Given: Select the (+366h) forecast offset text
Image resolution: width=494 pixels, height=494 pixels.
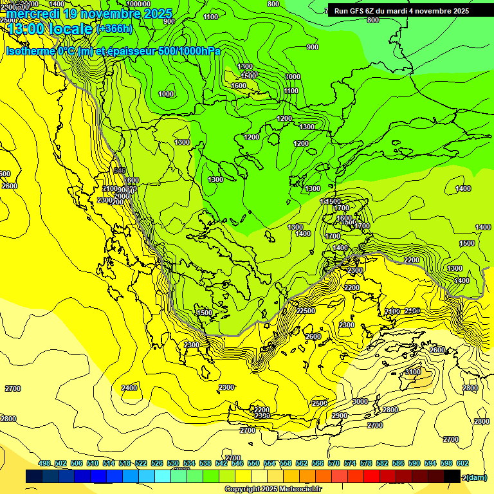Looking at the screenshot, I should (114, 29).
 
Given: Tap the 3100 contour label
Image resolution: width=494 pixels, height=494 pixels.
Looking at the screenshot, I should (412, 372).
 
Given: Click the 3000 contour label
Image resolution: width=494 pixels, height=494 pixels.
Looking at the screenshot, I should (360, 401).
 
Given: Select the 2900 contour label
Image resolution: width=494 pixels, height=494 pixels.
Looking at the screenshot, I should (339, 416).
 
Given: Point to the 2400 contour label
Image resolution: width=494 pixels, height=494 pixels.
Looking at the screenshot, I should (129, 388).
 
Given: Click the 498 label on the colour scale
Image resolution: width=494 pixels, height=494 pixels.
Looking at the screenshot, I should (44, 463).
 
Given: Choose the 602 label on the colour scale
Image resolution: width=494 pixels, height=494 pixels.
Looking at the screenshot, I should (462, 463).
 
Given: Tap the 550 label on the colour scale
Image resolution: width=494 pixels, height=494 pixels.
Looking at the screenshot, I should (253, 463).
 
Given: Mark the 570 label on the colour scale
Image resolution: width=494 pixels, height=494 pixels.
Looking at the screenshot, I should (334, 463).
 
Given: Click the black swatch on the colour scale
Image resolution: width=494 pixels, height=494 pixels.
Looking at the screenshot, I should (452, 477).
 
